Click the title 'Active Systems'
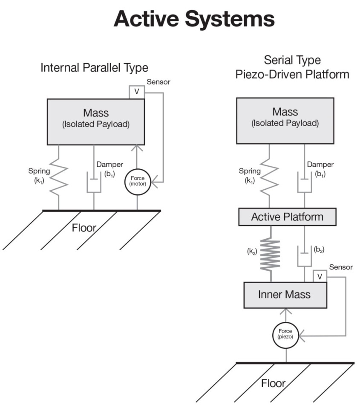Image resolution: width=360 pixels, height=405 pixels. click(194, 19)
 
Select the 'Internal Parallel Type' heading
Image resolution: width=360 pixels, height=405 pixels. click(94, 68)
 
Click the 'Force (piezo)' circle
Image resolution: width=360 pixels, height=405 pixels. click(286, 333)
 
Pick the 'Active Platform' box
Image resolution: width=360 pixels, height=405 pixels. click(287, 217)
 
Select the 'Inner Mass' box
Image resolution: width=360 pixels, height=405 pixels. click(285, 295)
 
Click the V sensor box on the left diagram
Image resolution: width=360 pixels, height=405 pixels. click(137, 92)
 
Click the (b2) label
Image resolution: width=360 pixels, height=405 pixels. click(319, 250)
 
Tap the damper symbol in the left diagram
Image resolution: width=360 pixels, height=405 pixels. click(94, 183)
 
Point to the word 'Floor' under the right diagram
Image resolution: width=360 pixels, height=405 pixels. click(274, 382)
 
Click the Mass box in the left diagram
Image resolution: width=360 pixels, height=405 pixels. click(96, 121)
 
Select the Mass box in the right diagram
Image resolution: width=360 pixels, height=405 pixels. click(285, 121)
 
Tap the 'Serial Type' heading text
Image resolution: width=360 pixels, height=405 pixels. click(292, 60)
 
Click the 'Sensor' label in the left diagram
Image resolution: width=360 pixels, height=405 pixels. click(158, 82)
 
